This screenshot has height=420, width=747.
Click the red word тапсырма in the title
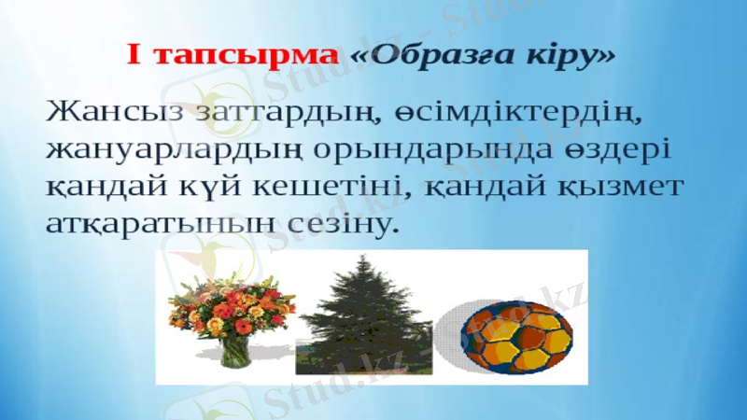tap(246, 55)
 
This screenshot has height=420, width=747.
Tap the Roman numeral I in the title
tap(135, 55)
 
